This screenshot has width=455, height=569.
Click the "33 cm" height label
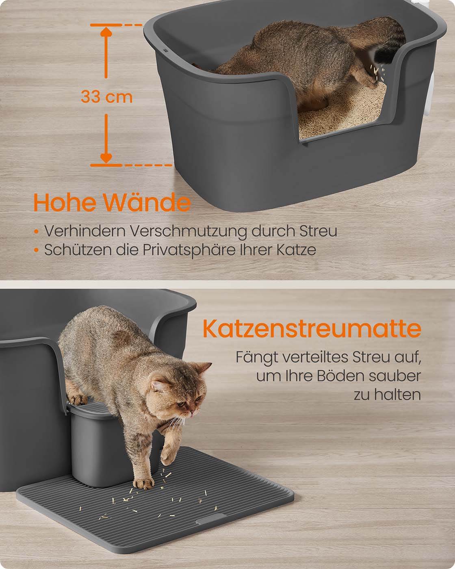pos(106,96)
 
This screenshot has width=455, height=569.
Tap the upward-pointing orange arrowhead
pos(106,32)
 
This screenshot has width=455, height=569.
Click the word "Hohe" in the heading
pos(65,202)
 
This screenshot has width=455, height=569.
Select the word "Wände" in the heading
pos(147,202)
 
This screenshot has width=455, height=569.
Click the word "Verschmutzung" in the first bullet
pos(188,231)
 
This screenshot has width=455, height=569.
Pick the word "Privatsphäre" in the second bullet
pos(189,250)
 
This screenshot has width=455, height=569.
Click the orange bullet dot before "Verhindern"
pos(37,232)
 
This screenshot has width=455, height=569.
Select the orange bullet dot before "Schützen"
pos(37,250)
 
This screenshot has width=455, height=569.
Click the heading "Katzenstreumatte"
pos(312,329)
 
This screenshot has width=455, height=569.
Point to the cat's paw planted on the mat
pos(143,484)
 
